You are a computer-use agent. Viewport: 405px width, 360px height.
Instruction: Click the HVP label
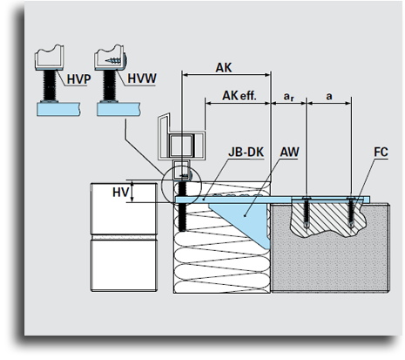(78, 79)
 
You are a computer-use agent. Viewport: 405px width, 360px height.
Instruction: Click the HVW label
(142, 78)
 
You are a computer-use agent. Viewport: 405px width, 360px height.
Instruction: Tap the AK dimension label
(224, 68)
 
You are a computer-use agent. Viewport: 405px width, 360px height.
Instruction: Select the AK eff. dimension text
(240, 96)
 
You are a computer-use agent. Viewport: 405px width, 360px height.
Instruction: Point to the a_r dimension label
(288, 96)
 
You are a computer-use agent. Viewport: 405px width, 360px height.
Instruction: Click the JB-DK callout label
(246, 152)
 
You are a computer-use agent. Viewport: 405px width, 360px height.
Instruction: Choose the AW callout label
(289, 152)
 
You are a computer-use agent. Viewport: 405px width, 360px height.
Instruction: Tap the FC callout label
(381, 152)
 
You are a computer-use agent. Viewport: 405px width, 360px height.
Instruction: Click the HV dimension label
(120, 193)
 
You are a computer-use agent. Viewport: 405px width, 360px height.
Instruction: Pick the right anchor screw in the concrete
(351, 212)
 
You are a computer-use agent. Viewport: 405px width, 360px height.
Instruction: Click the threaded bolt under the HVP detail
(50, 85)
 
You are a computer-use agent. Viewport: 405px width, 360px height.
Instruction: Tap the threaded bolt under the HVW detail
(110, 85)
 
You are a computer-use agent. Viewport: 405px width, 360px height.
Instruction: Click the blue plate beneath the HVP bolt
(58, 109)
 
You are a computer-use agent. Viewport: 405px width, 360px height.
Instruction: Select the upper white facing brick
(124, 208)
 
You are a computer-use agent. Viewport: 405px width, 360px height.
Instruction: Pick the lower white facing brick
(124, 265)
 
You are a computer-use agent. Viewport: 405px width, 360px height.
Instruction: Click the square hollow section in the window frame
(181, 146)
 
